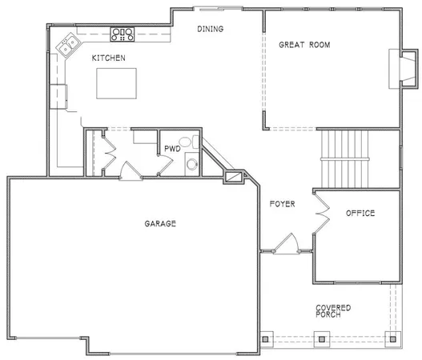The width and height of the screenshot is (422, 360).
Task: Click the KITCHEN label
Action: (x=107, y=58)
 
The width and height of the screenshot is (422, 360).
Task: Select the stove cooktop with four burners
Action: (x=122, y=34)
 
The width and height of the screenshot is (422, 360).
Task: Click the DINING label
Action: (x=210, y=30)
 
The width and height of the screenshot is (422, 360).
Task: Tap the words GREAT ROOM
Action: (x=304, y=45)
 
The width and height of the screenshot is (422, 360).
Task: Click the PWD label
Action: (x=171, y=149)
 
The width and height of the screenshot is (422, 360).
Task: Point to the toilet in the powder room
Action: (x=186, y=142)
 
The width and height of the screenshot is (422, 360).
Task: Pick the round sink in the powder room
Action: (x=191, y=166)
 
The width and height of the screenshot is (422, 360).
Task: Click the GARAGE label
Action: (x=160, y=223)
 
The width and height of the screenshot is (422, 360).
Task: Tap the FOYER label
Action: (x=282, y=205)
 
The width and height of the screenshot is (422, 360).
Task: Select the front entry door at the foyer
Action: (x=286, y=243)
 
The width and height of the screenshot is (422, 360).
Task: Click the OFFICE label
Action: (x=360, y=214)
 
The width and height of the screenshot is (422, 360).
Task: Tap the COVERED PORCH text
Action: (x=332, y=311)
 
